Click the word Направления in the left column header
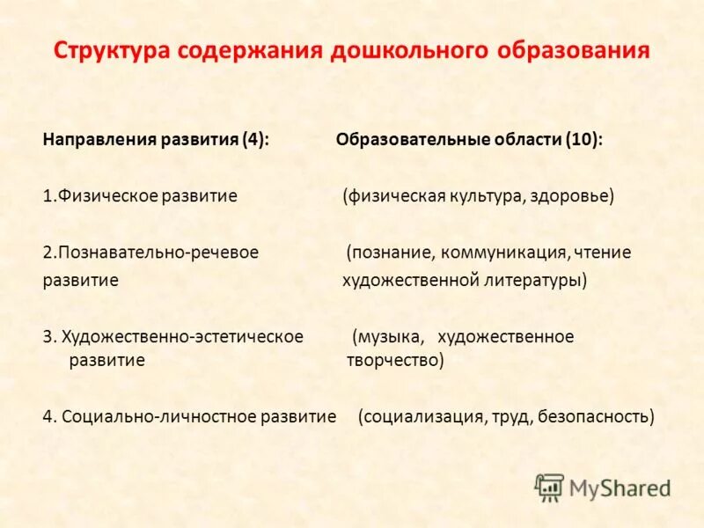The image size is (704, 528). [x=99, y=141]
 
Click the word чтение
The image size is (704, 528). [x=603, y=253]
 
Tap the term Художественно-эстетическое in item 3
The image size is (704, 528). [x=183, y=336]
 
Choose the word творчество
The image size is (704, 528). [x=395, y=360]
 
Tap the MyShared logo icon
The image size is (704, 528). [x=549, y=487]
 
